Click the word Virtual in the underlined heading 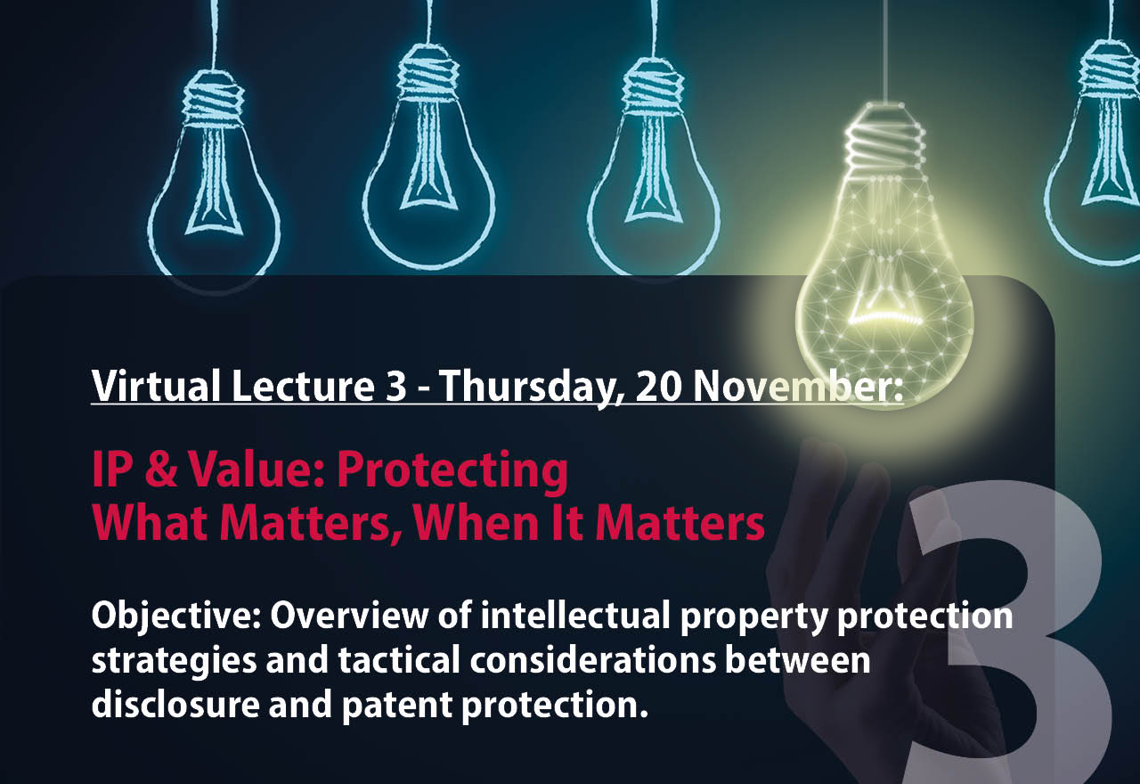156,386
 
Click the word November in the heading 798,387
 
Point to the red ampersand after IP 160,469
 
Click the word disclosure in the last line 175,705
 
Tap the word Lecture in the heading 304,386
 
